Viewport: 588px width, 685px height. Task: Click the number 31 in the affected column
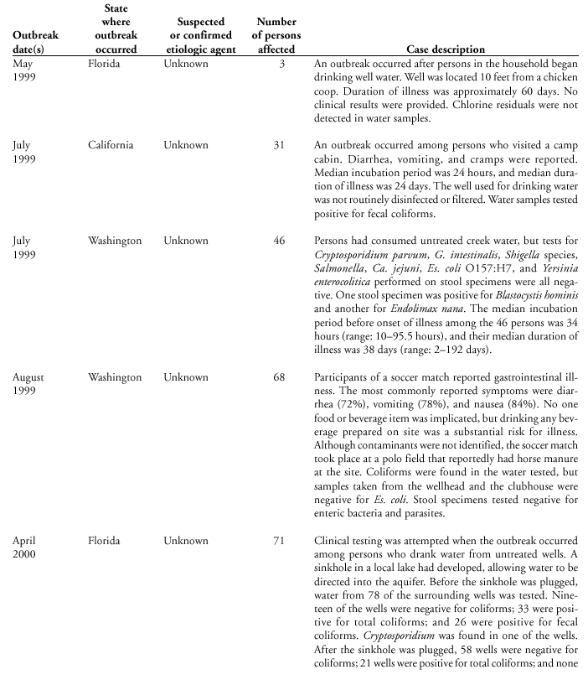(279, 145)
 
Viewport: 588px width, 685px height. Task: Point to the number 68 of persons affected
(279, 378)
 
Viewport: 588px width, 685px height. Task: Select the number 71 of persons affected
(279, 542)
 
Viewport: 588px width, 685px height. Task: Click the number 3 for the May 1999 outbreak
(282, 64)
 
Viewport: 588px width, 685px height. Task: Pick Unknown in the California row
(186, 145)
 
